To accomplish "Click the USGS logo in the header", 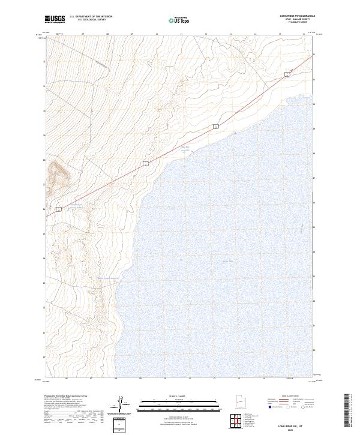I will [55, 19].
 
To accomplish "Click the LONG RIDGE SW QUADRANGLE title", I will [298, 16].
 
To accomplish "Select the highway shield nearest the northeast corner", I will [287, 73].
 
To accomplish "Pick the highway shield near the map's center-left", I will [145, 163].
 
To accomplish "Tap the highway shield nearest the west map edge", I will [59, 209].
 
